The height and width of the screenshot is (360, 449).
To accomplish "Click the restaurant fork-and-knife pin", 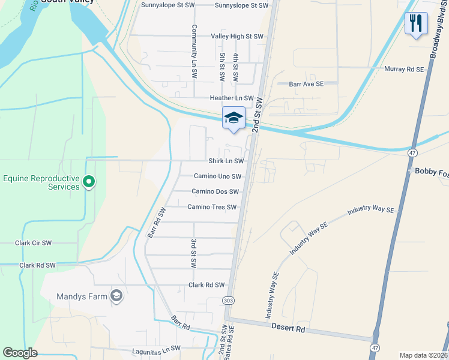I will [416, 24].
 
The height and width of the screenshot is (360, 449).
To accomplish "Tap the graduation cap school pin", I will [234, 118].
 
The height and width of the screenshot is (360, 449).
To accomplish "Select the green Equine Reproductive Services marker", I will [89, 181].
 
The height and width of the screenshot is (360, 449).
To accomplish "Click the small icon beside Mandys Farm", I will [116, 296].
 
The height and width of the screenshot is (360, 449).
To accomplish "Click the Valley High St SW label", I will [237, 37].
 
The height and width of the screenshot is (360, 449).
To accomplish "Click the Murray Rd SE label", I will [404, 70].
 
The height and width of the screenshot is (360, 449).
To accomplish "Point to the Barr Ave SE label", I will [306, 85].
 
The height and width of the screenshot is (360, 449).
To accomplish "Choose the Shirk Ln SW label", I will [226, 161].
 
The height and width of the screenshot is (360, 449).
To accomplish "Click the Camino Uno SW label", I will [217, 176].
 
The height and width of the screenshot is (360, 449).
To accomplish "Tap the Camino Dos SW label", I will [215, 191].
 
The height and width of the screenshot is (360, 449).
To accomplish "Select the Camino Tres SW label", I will [212, 207].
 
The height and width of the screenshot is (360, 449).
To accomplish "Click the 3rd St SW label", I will [194, 253].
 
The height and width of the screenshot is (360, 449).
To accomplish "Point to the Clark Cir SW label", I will [34, 243].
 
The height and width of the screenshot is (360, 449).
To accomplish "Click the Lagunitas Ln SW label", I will [156, 349].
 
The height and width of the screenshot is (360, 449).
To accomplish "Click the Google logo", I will [20, 353].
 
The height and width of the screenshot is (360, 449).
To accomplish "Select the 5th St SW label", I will [222, 68].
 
